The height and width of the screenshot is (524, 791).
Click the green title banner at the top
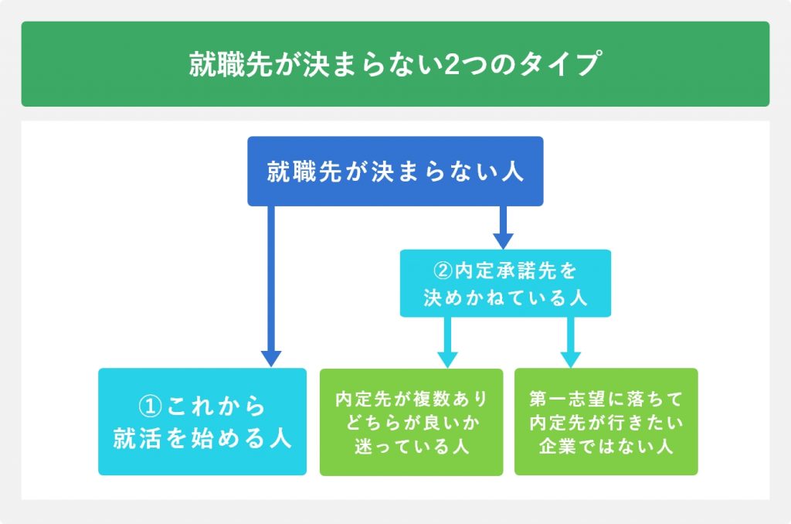coord(395,63)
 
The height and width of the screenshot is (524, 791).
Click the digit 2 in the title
coord(452,64)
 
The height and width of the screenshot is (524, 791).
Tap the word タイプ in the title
coord(559,63)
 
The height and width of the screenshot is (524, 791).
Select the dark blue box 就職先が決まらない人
coord(395,171)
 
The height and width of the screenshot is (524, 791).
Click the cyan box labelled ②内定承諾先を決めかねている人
coord(505,283)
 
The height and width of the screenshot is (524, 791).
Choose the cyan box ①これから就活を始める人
coord(202,421)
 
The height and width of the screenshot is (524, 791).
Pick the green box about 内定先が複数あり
coord(411,422)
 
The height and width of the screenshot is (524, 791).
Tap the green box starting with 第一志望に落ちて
coord(606,422)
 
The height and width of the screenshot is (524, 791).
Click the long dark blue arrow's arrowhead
coord(271,359)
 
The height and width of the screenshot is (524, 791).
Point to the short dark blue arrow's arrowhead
coord(503,241)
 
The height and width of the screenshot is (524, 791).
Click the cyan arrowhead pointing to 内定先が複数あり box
coord(447,360)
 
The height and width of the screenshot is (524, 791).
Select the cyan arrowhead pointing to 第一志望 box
coord(571,360)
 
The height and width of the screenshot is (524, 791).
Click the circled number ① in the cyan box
coord(151,406)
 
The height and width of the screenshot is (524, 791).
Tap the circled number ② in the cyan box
coord(443,271)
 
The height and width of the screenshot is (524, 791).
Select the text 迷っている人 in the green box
coord(412,446)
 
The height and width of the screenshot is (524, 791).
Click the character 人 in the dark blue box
coord(512,172)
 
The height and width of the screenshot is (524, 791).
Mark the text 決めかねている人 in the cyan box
coord(505,298)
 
